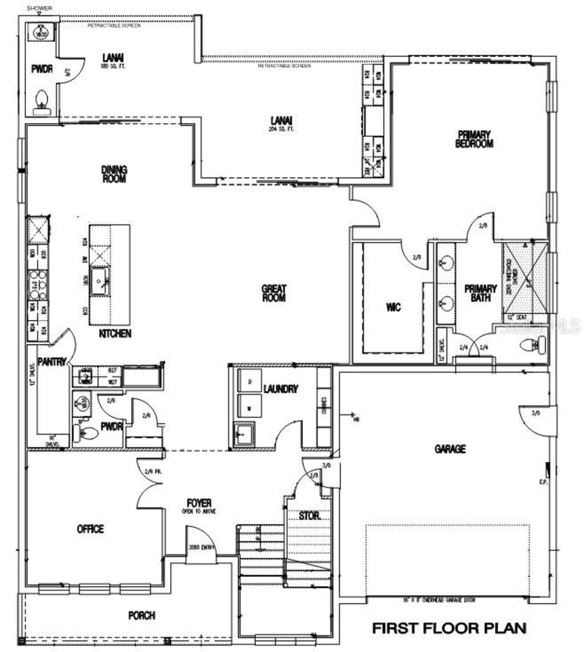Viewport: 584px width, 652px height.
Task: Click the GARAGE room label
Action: [450, 449]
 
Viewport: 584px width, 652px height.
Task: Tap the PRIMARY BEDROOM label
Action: [474, 139]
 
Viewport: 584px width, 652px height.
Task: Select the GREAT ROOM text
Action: [274, 293]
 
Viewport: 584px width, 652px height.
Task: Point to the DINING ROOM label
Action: [114, 174]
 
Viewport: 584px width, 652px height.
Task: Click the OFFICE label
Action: [90, 529]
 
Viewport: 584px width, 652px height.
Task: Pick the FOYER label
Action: [199, 503]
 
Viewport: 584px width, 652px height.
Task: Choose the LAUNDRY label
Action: [281, 389]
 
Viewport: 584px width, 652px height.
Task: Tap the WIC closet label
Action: [393, 307]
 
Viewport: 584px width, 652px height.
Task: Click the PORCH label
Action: [142, 616]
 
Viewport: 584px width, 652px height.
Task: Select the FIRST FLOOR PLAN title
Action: [449, 628]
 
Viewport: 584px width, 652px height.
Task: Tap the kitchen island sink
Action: [99, 283]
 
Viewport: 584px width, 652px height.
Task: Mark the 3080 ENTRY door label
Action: [201, 548]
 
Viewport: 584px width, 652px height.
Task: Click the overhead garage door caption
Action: [439, 600]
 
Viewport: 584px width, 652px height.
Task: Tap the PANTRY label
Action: [52, 362]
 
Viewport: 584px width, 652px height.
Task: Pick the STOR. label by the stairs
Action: [309, 516]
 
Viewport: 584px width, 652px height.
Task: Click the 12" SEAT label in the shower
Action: [517, 317]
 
